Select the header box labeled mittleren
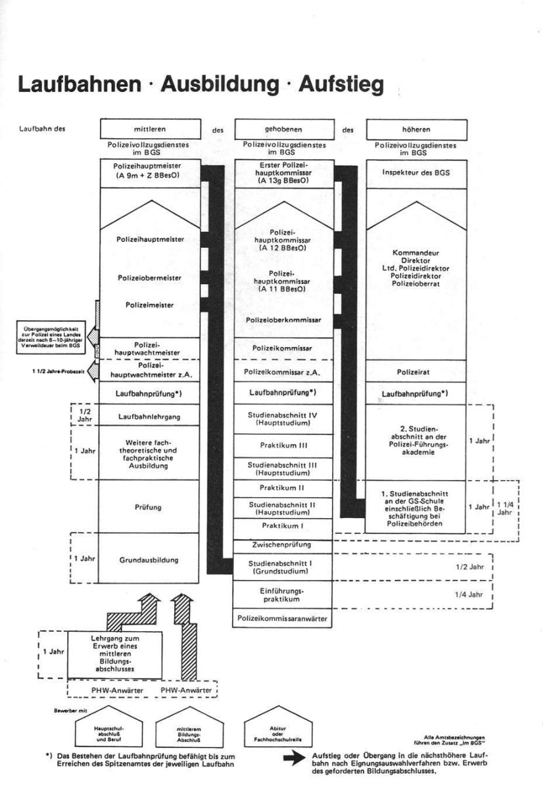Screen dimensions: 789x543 [x=149, y=130]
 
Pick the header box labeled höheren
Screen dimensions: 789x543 [x=415, y=130]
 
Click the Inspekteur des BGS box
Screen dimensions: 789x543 [x=415, y=172]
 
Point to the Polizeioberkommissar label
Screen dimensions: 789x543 [x=283, y=320]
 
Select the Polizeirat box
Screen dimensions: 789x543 [x=415, y=371]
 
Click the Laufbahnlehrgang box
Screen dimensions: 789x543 [x=149, y=416]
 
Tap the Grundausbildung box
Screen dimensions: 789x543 [x=149, y=560]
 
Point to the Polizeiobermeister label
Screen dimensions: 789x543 [x=149, y=278]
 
